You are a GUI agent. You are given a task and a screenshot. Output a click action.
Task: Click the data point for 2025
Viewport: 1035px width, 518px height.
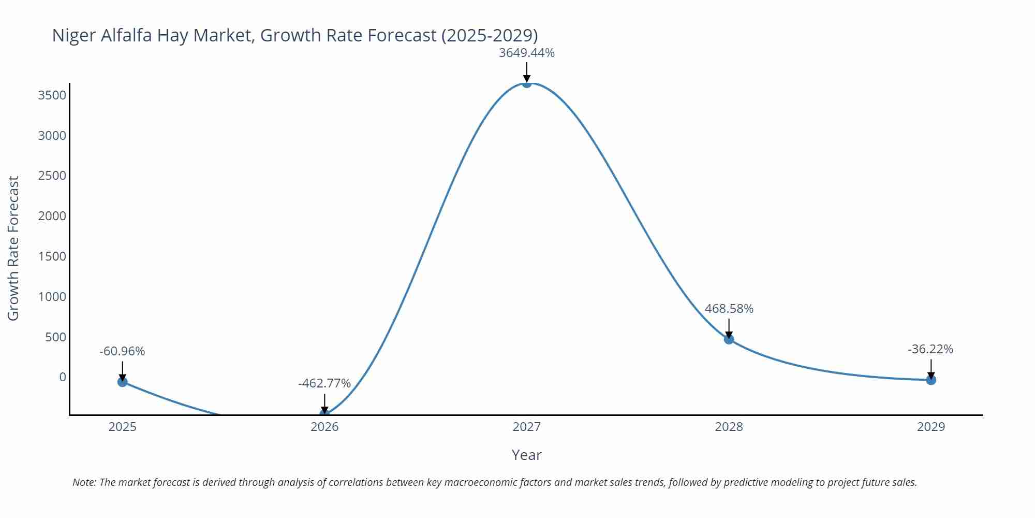123,382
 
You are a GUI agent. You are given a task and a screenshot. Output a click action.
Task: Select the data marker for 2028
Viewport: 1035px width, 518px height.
729,339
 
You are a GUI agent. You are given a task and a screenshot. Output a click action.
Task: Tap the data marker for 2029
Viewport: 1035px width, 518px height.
931,380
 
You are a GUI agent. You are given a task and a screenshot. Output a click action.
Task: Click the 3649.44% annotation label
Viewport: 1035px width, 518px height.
526,53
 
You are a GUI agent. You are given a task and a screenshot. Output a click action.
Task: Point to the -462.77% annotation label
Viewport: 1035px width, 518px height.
324,383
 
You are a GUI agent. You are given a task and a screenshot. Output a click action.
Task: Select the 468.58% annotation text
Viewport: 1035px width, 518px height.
729,309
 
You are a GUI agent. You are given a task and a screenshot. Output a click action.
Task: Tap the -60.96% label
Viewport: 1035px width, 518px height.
122,351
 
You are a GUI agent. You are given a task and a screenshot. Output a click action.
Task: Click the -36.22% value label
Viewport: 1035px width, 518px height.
930,349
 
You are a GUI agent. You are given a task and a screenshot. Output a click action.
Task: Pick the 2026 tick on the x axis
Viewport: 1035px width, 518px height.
324,427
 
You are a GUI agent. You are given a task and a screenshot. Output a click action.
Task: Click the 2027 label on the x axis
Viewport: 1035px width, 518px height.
526,427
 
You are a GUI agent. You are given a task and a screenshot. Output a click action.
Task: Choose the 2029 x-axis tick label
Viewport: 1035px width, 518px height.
930,427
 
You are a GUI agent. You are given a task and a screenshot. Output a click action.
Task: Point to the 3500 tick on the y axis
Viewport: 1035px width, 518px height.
52,95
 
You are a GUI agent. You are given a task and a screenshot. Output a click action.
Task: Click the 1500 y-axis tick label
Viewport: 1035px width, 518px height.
52,256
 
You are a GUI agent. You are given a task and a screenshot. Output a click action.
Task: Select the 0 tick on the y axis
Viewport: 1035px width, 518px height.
63,377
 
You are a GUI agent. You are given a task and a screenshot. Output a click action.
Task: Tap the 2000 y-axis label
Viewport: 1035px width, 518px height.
52,216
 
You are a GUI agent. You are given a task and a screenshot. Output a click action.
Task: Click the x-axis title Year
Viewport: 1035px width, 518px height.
526,455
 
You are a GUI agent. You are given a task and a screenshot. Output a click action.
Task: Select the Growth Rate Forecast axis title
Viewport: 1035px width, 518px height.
13,249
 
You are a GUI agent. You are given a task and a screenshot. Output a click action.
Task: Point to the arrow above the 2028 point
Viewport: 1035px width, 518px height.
729,328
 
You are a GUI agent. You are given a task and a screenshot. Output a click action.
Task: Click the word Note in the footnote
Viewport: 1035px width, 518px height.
83,482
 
